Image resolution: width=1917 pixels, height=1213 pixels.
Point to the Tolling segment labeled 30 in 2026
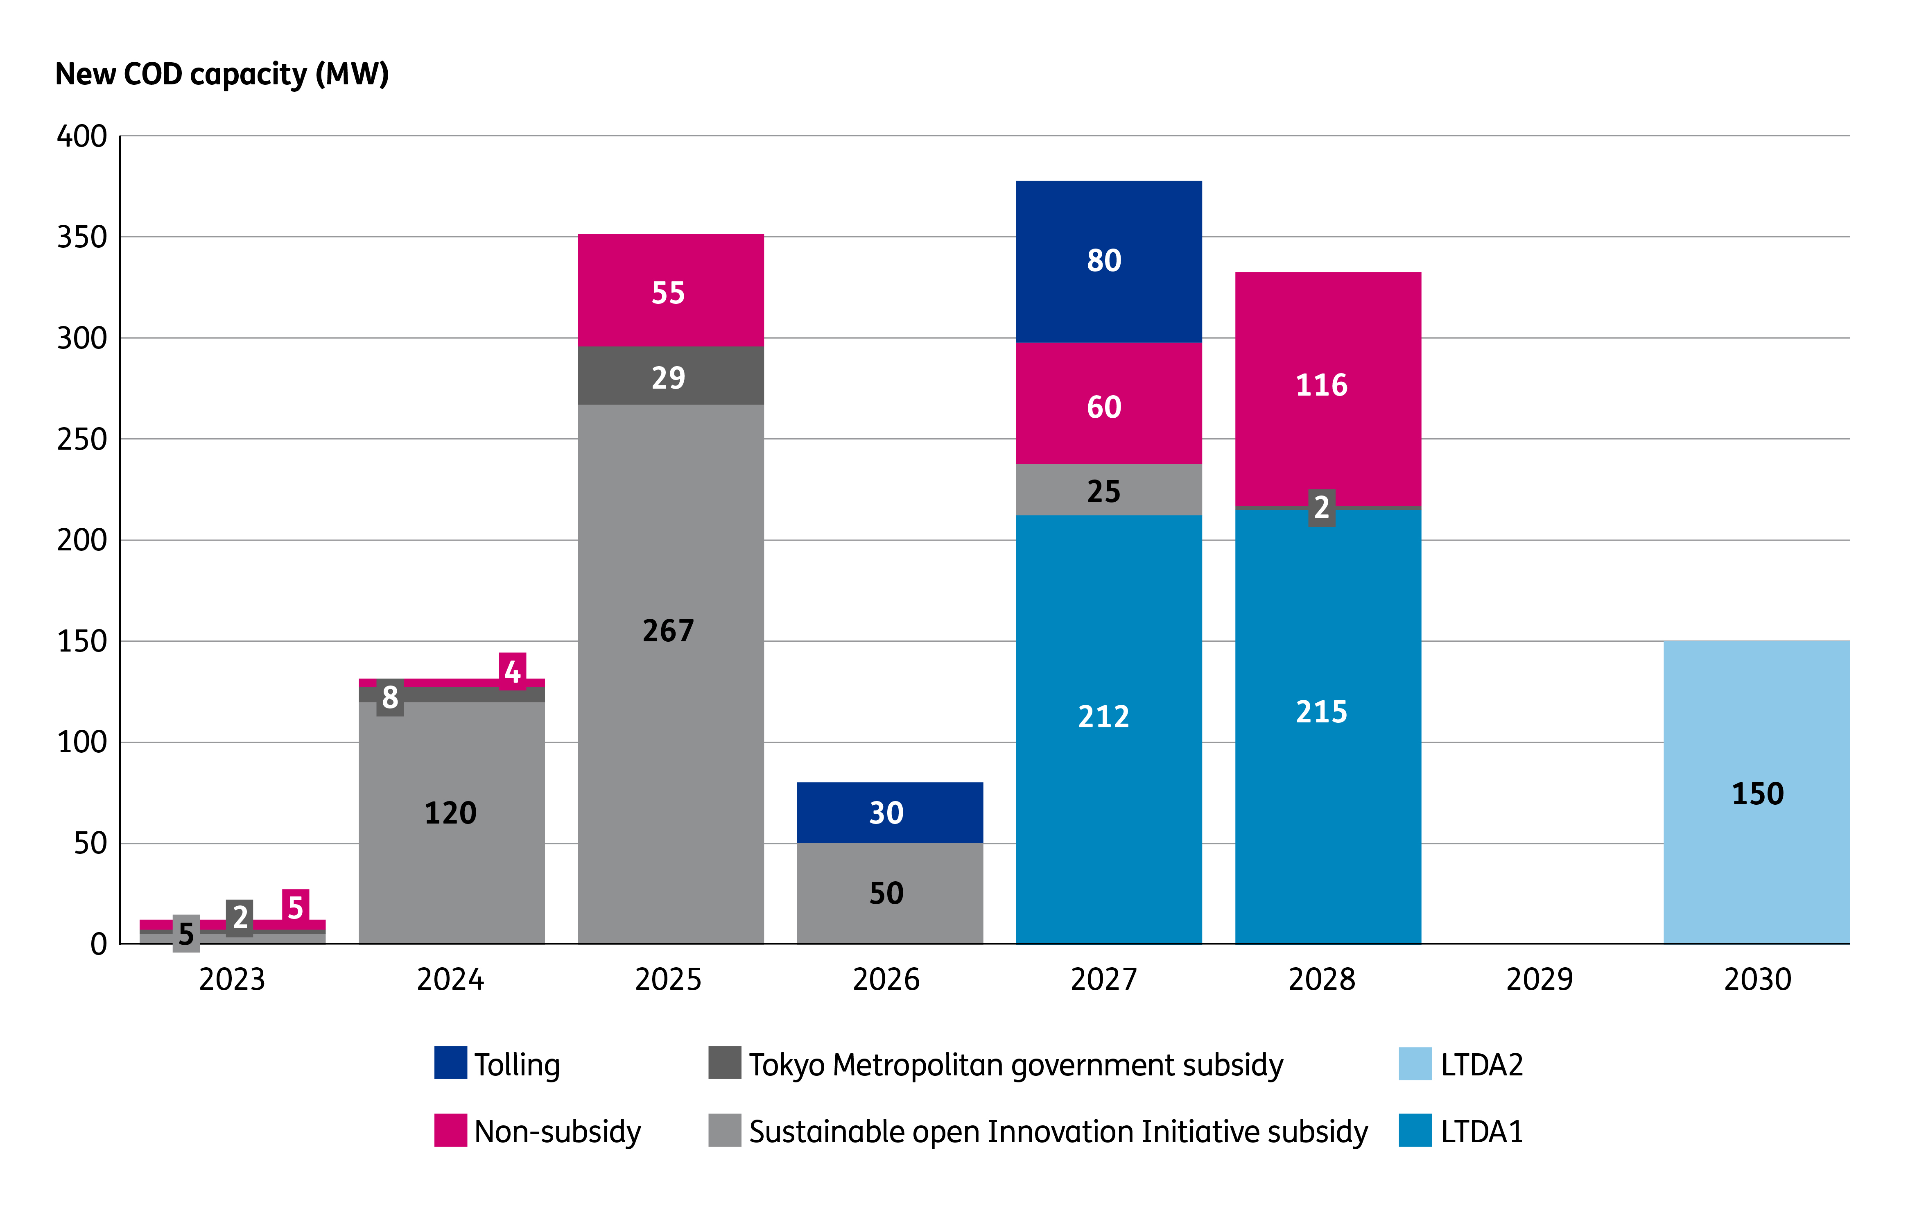[889, 812]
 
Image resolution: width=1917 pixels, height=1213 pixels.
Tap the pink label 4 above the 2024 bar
[513, 671]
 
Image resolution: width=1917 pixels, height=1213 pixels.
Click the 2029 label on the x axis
[1539, 979]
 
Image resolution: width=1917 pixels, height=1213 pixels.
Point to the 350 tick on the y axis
[82, 238]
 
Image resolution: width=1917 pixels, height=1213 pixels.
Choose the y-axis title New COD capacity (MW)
[222, 74]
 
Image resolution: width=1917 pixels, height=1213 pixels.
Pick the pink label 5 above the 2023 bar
[295, 906]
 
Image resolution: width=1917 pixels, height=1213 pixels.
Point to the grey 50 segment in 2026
[889, 893]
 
